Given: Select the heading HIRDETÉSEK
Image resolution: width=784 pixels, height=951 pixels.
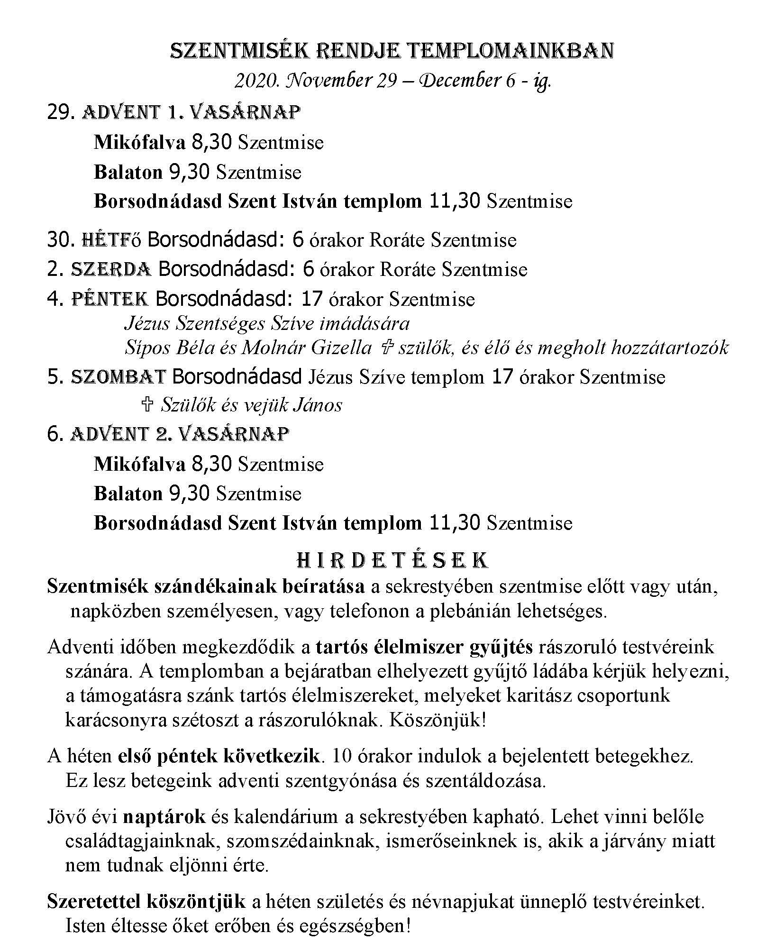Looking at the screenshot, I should click(x=392, y=560).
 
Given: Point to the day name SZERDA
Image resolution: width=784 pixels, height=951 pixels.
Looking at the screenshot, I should click(x=111, y=270).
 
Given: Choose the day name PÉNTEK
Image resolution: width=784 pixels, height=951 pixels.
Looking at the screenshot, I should click(x=110, y=299).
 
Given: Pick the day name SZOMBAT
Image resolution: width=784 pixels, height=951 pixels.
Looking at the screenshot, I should click(x=118, y=377).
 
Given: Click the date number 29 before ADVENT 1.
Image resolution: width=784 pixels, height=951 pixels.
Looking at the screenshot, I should click(x=62, y=112).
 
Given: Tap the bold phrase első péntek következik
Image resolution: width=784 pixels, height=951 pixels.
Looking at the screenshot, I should click(x=219, y=756).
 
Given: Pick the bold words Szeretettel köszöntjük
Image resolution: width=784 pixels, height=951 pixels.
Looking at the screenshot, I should click(x=146, y=901).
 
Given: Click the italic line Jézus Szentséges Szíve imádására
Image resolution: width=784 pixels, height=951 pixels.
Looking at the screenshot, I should click(x=267, y=324).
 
